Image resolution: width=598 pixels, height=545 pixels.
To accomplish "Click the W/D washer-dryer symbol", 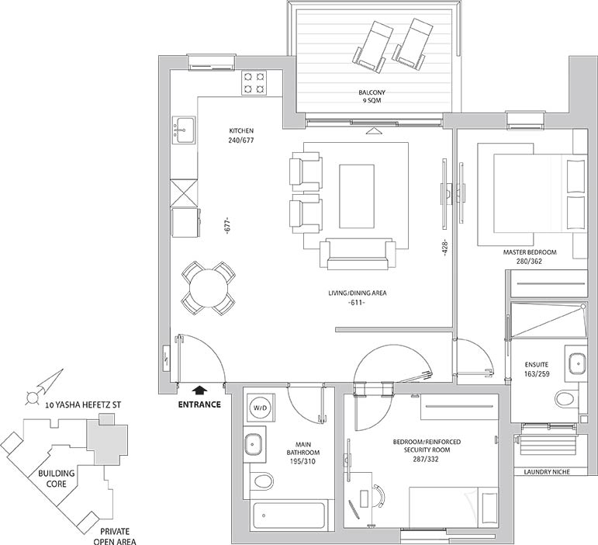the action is pos(261,408).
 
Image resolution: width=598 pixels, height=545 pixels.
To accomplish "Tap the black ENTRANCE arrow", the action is pos(199,391).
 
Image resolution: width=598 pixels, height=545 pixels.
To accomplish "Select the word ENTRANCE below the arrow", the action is pos(199,404).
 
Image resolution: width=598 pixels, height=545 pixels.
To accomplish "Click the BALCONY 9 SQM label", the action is pos(372,96).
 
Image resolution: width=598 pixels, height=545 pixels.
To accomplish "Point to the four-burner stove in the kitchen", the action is pos(254,83).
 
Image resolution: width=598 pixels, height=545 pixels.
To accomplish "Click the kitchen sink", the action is pos(184,130).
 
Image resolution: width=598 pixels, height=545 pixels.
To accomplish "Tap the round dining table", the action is pos(208,288).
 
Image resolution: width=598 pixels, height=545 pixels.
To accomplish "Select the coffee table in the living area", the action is pos(357,196).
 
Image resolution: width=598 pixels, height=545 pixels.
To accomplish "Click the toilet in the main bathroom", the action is pos(263,481).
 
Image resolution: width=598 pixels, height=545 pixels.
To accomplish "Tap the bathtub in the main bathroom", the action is pos(289,516).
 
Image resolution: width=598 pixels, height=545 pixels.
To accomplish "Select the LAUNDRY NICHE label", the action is pos(547,472).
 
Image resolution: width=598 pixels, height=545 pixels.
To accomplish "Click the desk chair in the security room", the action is pos(379,496).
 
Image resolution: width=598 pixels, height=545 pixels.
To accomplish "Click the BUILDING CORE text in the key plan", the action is pos(57,478).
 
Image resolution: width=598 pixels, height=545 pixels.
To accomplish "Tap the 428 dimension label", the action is pos(444,248).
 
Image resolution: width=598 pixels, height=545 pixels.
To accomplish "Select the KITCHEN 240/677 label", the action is pos(241,136).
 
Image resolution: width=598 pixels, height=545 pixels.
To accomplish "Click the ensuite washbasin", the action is pos(576,363).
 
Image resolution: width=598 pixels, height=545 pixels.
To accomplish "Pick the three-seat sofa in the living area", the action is pos(357,255).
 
